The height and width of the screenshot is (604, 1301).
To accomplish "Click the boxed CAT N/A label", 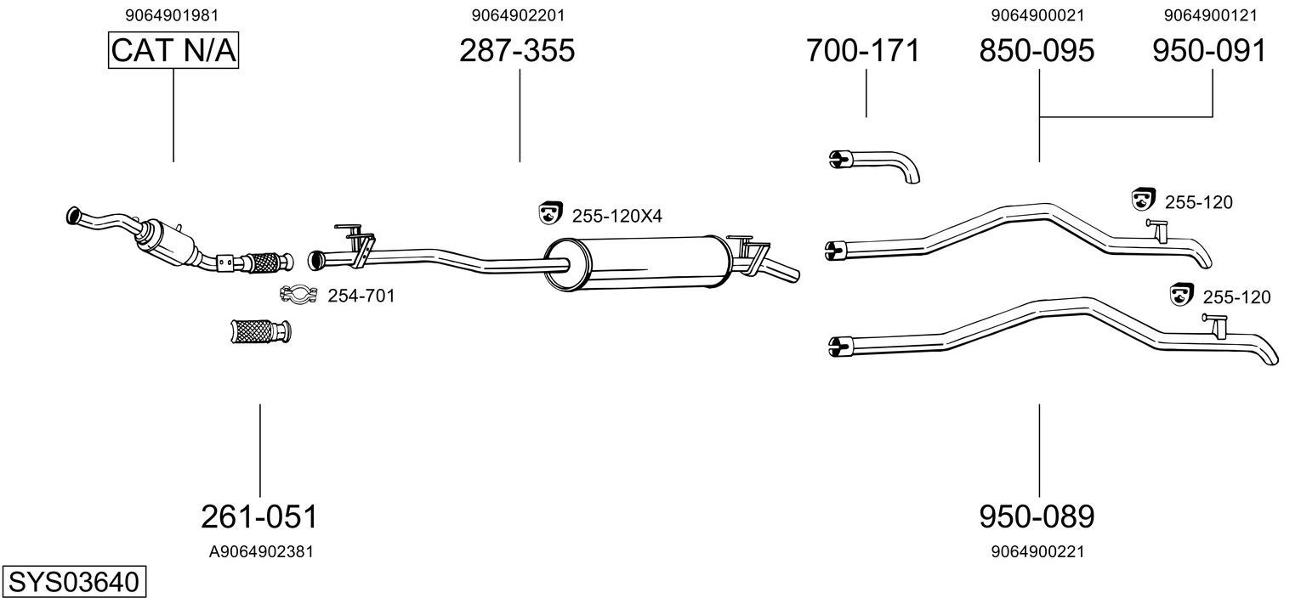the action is tap(173, 50).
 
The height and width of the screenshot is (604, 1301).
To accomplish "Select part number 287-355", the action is tap(517, 50).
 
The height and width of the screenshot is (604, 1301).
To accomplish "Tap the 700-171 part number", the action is tap(863, 50).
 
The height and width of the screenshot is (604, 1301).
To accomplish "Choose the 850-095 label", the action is tap(1037, 50).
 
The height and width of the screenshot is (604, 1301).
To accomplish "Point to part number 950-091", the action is tap(1209, 50).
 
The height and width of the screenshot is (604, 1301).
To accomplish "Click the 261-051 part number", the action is tap(259, 517).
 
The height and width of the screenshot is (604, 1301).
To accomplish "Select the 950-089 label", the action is tap(1037, 517).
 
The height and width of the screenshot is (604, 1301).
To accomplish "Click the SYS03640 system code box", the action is tap(74, 581).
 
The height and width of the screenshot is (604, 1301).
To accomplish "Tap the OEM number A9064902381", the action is tap(261, 551).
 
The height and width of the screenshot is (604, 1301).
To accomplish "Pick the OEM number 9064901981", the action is tap(172, 15).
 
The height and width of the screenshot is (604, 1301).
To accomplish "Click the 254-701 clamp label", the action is tap(361, 296).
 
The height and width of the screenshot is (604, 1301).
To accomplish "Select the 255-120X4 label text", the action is tap(616, 217).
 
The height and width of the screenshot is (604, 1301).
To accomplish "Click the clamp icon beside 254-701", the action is tap(298, 295).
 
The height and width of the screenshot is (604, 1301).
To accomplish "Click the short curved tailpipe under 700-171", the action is tap(875, 166).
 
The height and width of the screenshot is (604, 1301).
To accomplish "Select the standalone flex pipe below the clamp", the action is tap(261, 331).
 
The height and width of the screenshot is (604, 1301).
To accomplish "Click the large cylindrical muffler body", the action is tap(638, 262).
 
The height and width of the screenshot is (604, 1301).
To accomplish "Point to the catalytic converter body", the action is tap(168, 242).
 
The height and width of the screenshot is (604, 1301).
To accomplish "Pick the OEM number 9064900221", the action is tap(1037, 551).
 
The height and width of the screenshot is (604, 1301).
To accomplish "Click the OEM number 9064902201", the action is tap(518, 15).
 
